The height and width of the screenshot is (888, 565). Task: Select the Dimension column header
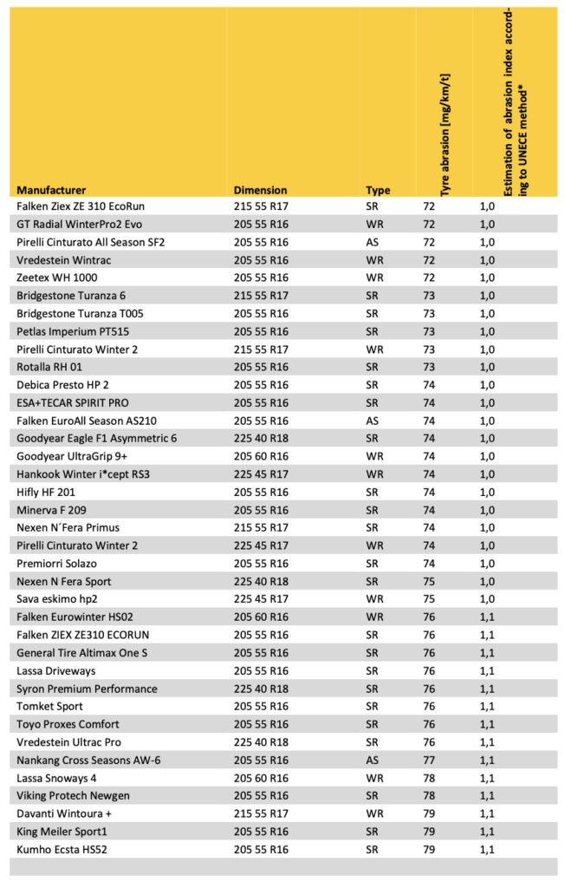(260, 190)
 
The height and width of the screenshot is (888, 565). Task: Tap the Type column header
(378, 190)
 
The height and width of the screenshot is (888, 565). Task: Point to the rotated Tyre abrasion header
(445, 130)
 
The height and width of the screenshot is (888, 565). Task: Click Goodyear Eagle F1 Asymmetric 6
(97, 438)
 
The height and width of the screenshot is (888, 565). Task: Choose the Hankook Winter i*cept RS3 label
(89, 473)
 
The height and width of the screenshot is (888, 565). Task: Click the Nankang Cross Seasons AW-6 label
(89, 760)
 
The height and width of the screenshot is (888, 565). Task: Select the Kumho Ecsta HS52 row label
(67, 849)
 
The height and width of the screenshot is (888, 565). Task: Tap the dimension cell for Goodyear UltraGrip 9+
(262, 456)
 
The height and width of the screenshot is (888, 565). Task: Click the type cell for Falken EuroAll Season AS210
(373, 421)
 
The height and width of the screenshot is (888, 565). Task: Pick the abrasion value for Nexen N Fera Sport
(428, 581)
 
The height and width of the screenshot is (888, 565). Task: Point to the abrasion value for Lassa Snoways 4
(428, 778)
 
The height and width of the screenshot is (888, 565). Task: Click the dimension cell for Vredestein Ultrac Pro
(262, 741)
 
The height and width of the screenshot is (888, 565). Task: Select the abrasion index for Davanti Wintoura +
(487, 813)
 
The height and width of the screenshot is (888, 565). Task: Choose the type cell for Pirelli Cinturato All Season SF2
(373, 242)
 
